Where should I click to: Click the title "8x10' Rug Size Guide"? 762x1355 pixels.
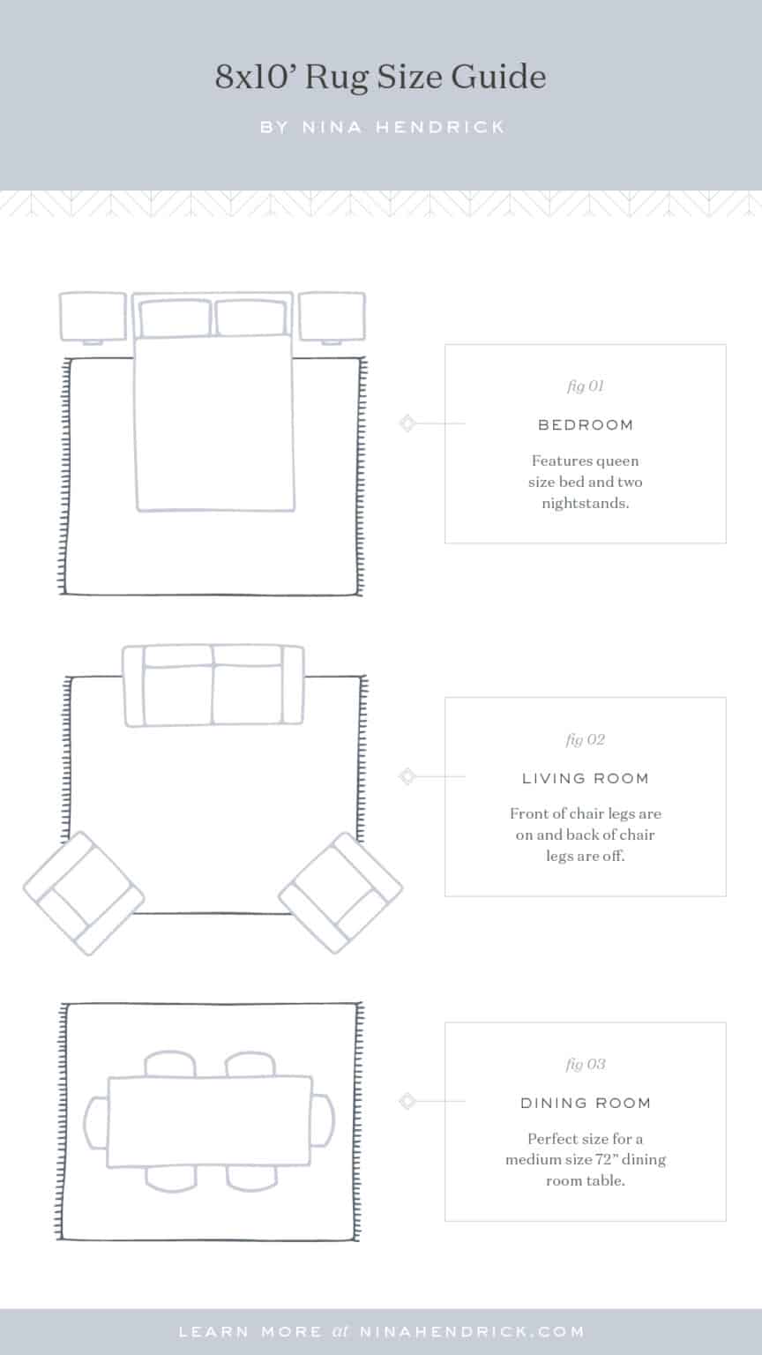click(x=381, y=78)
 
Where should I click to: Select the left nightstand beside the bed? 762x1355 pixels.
click(x=93, y=316)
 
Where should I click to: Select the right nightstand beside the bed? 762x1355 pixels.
click(x=332, y=316)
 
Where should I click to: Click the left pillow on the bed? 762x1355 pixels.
click(x=176, y=318)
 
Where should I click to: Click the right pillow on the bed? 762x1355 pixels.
click(x=251, y=318)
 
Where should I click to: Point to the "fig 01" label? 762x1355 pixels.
click(x=585, y=386)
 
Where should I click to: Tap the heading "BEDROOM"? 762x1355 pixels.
click(x=586, y=425)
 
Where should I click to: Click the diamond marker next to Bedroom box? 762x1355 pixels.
click(x=407, y=423)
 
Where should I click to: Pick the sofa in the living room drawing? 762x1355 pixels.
click(x=213, y=686)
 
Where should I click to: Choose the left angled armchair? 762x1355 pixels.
click(x=83, y=893)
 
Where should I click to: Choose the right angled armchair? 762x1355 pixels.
click(x=341, y=893)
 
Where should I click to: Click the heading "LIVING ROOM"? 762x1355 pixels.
click(x=586, y=779)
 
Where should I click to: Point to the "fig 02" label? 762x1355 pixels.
click(x=585, y=740)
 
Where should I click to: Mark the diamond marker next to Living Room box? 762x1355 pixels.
click(x=407, y=776)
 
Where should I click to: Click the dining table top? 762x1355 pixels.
click(x=210, y=1121)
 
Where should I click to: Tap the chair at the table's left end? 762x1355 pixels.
click(x=95, y=1121)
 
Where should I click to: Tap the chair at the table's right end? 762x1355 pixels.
click(x=324, y=1121)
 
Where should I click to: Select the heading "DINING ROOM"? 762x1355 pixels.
click(x=586, y=1104)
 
